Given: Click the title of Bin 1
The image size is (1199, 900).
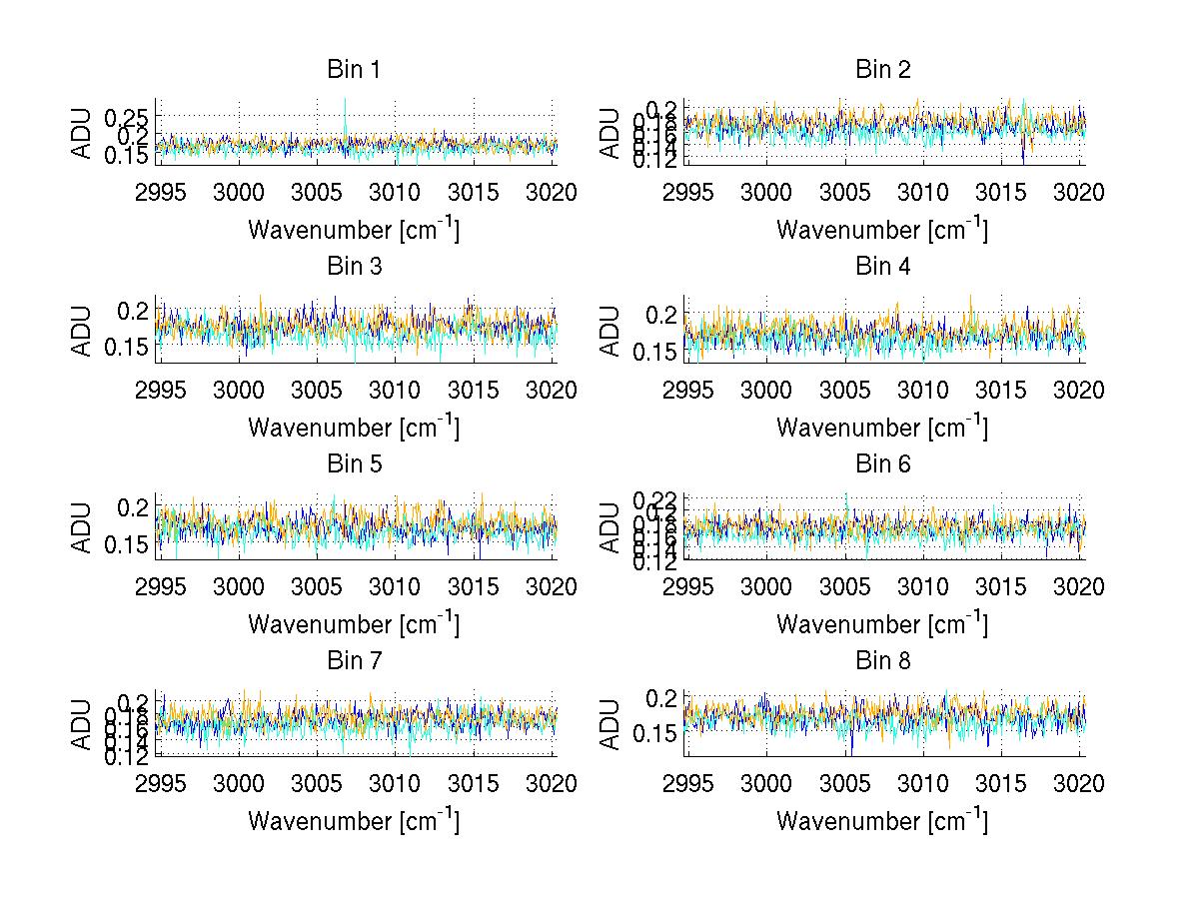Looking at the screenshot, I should pos(354,70).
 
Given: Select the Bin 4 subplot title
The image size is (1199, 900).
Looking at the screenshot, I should pos(882,267).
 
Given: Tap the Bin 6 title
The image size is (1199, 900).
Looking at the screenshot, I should pos(882,463).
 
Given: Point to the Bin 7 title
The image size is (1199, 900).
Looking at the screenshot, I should pos(354,660).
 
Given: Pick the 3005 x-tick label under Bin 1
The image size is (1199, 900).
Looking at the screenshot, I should pos(317,193).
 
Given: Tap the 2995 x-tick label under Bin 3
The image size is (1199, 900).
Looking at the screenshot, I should pos(160,390).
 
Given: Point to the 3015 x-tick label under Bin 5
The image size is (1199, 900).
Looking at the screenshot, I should pos(474,586).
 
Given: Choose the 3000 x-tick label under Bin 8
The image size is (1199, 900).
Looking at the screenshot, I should pos(766,783).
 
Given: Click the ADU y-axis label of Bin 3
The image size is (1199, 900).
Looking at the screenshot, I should pos(82,329).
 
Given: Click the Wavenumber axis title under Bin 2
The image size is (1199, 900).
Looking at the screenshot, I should pos(882,230).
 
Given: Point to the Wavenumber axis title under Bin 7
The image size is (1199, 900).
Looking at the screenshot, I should pos(354,820).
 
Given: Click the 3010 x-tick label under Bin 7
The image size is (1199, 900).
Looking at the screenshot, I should pos(396,783).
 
